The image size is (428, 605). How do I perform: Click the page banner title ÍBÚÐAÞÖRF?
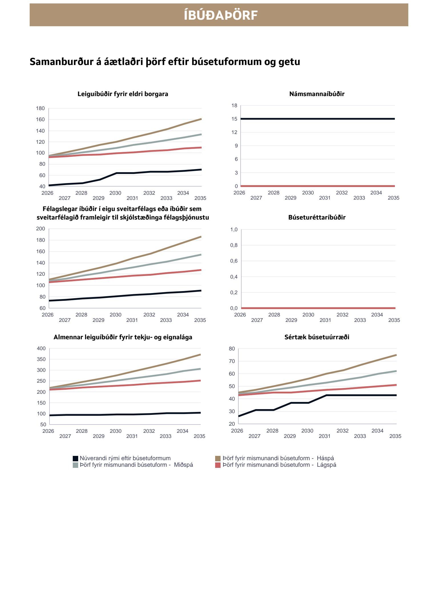(x=220, y=15)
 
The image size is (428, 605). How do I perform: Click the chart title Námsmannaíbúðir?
(x=317, y=94)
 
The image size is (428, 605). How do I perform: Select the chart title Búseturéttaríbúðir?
(x=317, y=218)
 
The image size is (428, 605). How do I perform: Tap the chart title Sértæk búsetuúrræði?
(x=317, y=337)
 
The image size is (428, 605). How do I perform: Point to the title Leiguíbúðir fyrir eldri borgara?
(x=123, y=94)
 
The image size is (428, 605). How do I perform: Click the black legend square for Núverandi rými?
(x=75, y=458)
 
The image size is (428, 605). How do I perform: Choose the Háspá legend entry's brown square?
(x=218, y=458)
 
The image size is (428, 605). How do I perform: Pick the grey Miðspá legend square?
(x=75, y=465)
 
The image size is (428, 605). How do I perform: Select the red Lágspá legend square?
(x=218, y=465)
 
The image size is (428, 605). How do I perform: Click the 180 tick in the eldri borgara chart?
(x=40, y=108)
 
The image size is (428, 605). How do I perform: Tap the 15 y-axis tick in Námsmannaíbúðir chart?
(x=234, y=119)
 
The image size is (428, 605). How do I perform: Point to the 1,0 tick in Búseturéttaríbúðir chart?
(x=234, y=230)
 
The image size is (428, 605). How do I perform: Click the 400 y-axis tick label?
(x=41, y=348)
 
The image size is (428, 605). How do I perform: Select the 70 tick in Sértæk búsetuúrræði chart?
(x=232, y=361)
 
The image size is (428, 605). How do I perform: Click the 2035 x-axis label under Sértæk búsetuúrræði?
(x=395, y=436)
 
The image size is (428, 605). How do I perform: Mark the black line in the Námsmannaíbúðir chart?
(x=317, y=119)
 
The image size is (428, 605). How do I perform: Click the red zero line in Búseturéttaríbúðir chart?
(x=317, y=308)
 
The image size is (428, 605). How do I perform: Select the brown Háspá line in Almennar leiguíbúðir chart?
(x=148, y=368)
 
